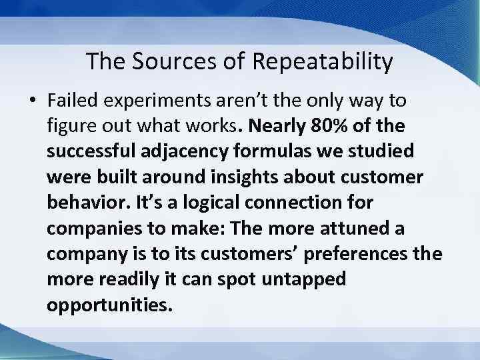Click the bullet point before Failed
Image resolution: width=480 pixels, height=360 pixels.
coord(32,101)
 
